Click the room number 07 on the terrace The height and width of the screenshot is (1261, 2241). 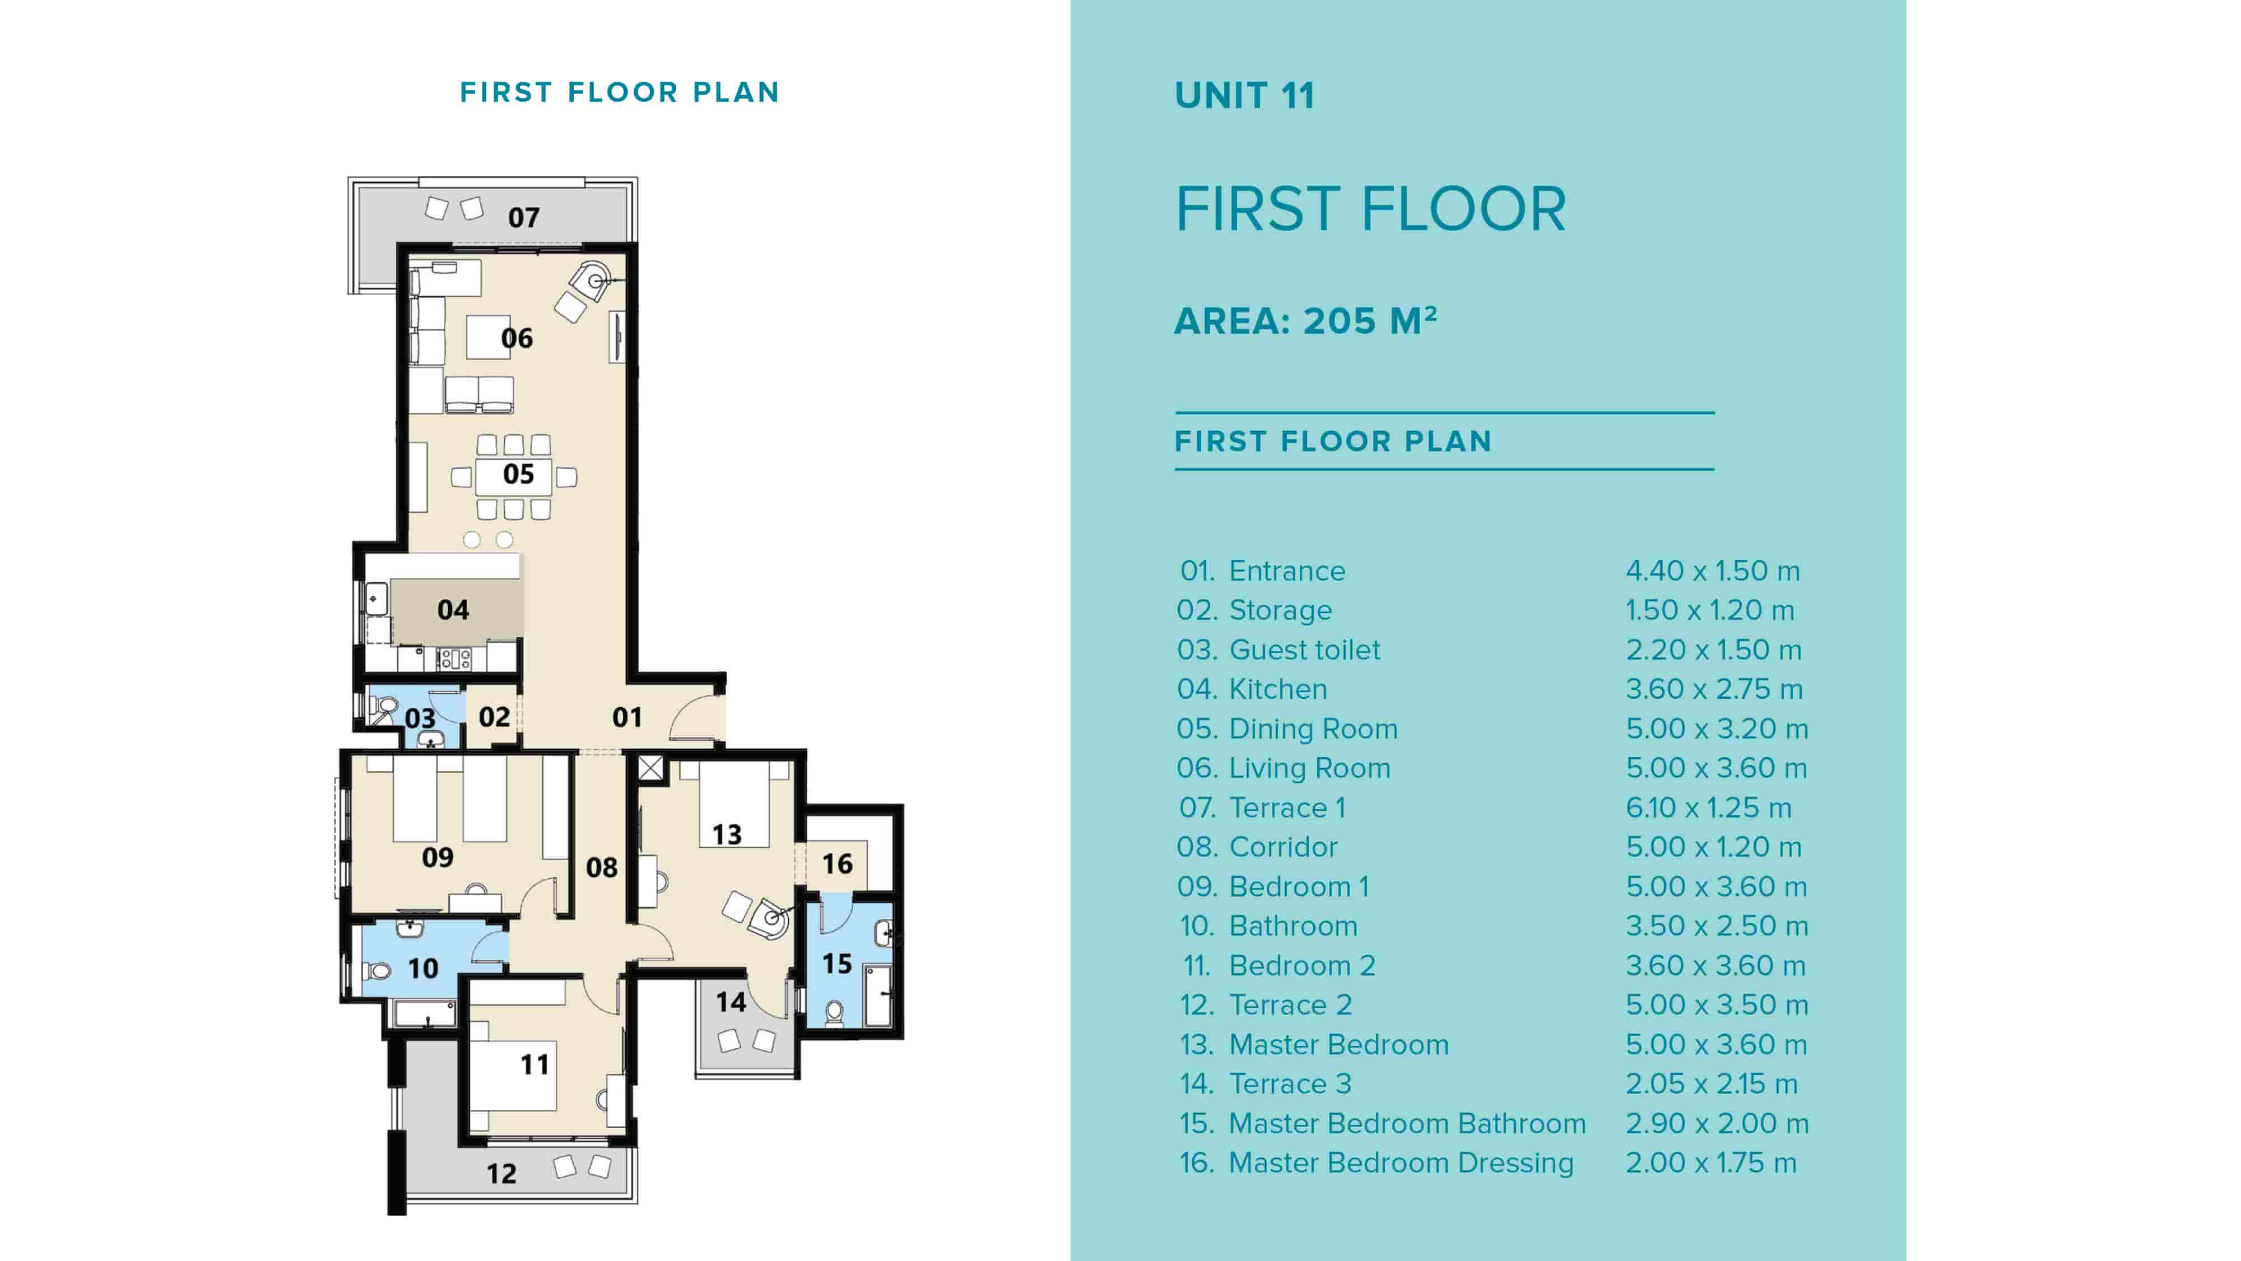tap(524, 217)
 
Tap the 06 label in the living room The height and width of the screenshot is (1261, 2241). tap(517, 338)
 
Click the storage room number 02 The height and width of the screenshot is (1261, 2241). tap(494, 717)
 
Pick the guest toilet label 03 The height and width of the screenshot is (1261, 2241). tap(420, 718)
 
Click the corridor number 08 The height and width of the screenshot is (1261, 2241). tap(601, 867)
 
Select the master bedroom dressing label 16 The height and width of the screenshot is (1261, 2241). tap(837, 863)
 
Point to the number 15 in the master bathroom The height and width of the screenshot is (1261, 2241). tap(837, 964)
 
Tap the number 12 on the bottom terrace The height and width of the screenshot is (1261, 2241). tap(501, 1174)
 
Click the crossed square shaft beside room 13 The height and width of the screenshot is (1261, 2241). tap(650, 768)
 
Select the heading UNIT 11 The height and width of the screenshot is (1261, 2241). tap(1245, 96)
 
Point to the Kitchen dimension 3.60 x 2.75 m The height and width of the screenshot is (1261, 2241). tap(1714, 689)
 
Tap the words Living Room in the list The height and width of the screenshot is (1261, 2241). tap(1309, 768)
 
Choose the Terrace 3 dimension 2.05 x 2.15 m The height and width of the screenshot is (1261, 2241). tap(1711, 1083)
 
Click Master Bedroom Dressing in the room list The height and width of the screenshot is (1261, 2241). tap(1401, 1162)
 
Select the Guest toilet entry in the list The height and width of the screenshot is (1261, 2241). tap(1304, 650)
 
